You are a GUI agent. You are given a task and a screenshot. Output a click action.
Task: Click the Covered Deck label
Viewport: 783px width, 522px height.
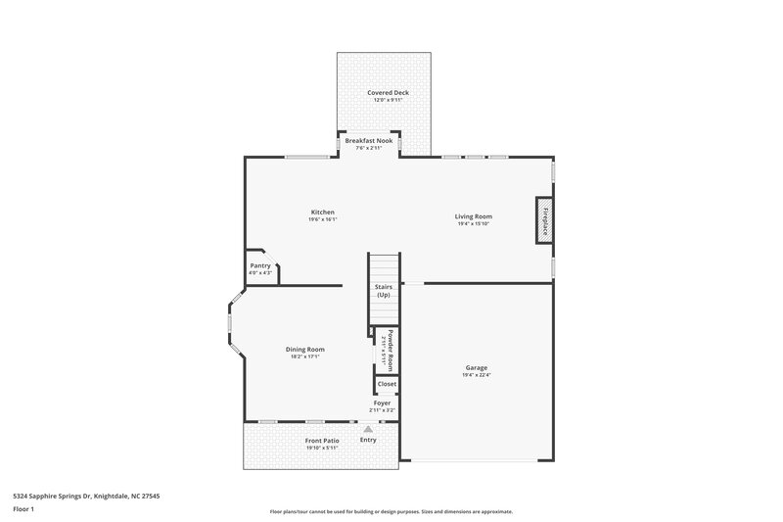tap(389, 93)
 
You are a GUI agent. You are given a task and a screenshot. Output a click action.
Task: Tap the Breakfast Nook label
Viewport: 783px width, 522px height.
tap(368, 140)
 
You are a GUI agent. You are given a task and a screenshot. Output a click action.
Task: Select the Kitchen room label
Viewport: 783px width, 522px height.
tap(323, 213)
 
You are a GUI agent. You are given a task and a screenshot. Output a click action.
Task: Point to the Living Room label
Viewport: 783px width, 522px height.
tap(473, 216)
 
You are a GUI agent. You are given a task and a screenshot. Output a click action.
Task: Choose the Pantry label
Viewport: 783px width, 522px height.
tap(260, 265)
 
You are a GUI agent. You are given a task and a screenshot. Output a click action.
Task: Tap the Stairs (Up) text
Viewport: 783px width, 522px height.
tap(384, 291)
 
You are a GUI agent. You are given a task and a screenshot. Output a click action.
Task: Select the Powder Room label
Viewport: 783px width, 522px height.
tap(390, 348)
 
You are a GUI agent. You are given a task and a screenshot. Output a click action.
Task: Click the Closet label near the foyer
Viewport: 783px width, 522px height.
tap(387, 385)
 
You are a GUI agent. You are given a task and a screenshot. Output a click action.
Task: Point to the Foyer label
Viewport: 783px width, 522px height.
tap(381, 403)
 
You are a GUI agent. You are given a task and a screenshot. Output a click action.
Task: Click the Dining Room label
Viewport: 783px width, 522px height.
tap(305, 350)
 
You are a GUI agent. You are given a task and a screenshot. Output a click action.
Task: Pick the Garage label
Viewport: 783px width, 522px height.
tap(477, 368)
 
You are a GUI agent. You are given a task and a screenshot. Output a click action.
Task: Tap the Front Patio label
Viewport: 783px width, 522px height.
tap(321, 442)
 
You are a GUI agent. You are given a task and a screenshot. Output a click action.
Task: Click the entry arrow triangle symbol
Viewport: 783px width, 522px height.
tap(368, 429)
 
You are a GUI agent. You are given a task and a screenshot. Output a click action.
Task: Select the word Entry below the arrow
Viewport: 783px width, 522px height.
tap(368, 440)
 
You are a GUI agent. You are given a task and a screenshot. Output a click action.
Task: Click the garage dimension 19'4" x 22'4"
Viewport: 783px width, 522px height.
tap(477, 375)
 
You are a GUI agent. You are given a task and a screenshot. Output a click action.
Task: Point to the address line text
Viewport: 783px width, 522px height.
tap(86, 497)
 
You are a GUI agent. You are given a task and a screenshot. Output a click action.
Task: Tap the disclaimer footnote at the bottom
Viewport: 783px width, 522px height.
tap(391, 511)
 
